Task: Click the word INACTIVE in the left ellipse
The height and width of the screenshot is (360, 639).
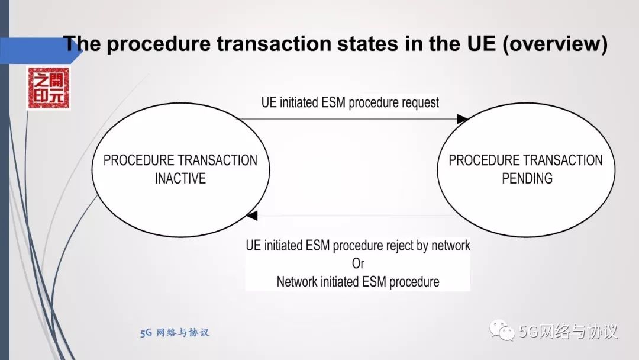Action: coord(180,178)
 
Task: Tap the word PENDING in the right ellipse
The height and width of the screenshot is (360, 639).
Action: coord(527,178)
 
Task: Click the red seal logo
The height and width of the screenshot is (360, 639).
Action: coord(48,88)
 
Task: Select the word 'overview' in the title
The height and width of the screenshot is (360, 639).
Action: coord(554,44)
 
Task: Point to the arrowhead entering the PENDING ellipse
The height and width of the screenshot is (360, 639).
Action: coord(462,120)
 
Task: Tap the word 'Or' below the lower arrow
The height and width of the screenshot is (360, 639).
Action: coord(358,263)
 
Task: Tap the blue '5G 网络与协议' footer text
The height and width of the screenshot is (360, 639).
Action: coord(175,333)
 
